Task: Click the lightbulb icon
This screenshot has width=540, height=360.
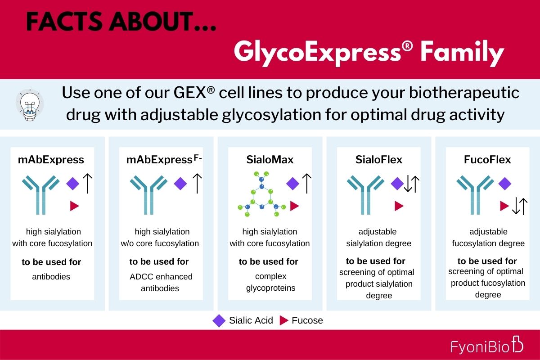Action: coord(30,105)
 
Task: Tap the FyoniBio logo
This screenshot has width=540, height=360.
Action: coord(487,345)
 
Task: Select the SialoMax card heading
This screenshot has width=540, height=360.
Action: coord(270,160)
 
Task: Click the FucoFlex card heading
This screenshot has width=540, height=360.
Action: coord(487,160)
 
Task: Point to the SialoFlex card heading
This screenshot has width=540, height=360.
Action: coord(379,160)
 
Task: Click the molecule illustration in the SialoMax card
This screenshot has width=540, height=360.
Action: coord(261,194)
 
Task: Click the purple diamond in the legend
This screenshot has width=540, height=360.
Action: coord(219,321)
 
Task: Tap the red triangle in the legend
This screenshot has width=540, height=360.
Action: coord(284,320)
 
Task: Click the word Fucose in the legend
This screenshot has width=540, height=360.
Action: coord(307,320)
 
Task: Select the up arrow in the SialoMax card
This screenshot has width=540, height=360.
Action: coord(306,184)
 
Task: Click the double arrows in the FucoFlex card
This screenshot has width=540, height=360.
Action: coord(519,206)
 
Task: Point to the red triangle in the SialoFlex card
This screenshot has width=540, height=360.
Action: coord(399,206)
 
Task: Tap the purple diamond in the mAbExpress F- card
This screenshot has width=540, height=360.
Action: coord(180,184)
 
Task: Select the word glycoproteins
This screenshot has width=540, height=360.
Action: coord(270,288)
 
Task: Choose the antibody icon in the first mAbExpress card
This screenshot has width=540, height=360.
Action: coord(41,195)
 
